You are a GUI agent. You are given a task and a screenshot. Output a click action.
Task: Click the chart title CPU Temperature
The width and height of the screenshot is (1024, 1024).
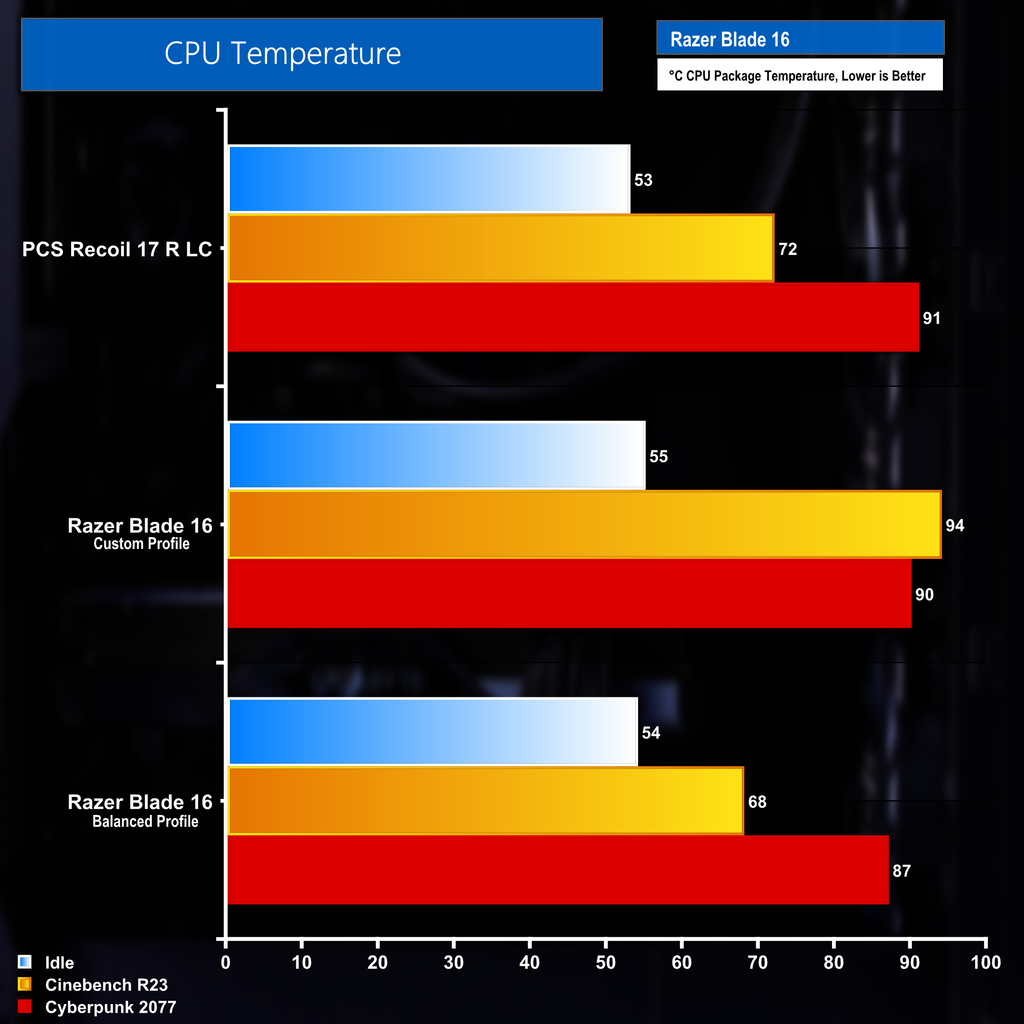283,54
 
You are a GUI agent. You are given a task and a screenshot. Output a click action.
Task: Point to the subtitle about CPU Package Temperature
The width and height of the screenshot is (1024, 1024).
796,76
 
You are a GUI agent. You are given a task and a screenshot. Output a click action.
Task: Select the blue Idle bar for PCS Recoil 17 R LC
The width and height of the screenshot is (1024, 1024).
430,179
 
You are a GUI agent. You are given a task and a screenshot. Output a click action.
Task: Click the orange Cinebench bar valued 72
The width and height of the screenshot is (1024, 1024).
501,248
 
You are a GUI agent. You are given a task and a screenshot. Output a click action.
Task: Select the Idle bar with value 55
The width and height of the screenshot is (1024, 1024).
437,455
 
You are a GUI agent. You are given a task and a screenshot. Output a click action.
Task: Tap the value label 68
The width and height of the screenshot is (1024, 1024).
757,801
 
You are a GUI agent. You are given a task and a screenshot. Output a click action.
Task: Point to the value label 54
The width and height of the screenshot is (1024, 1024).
651,732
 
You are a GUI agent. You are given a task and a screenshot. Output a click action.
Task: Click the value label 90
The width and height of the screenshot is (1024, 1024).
924,594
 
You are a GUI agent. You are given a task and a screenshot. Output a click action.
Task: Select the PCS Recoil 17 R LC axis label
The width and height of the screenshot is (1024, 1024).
117,249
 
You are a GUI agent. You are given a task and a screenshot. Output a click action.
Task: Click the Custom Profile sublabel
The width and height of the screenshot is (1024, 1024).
142,544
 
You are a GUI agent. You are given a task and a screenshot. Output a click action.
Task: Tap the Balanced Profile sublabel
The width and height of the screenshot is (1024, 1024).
145,822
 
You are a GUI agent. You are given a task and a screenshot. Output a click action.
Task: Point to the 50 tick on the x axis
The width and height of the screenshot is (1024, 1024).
605,962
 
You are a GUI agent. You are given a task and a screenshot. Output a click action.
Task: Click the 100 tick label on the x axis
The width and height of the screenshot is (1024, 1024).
985,962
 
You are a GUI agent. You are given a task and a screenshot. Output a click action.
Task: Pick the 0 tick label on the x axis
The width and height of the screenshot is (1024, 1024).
226,962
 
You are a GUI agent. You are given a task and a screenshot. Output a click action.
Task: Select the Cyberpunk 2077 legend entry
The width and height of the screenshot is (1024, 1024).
110,1007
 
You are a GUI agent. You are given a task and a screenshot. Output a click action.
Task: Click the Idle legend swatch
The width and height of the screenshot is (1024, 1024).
24,961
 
